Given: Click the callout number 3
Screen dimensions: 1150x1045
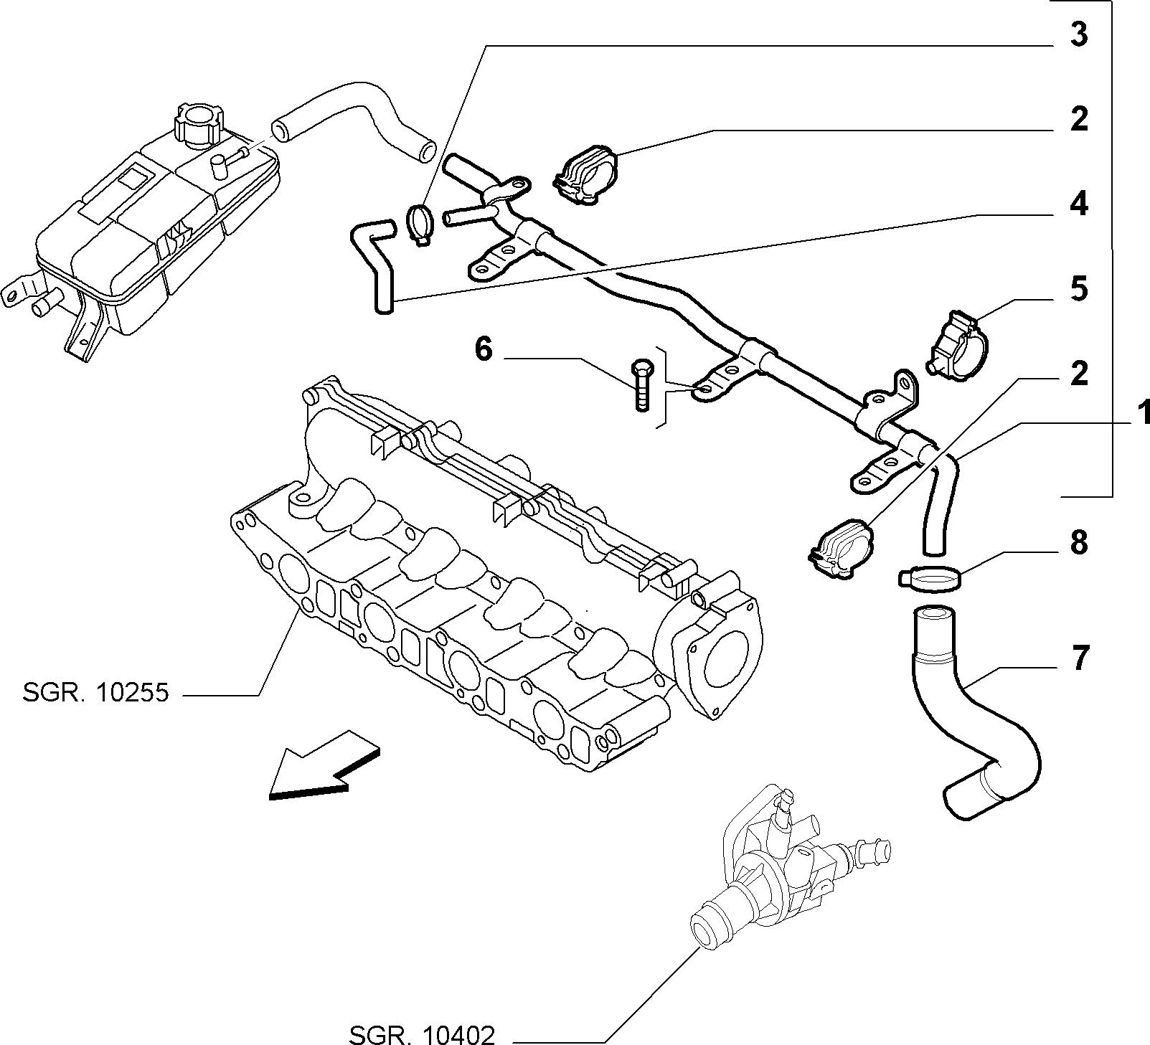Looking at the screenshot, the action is pos(1079,35).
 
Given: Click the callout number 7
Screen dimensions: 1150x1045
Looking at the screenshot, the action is pos(1079,658).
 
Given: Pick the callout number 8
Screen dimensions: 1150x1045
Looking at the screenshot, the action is pos(1079,543).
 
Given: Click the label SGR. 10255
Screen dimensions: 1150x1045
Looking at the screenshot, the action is pos(95,693).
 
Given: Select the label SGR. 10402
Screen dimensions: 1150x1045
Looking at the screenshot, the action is pos(423,1035).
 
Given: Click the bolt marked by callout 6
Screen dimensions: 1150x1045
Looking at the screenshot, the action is pos(641,385).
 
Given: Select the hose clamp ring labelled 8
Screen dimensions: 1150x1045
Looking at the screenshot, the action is pos(928,578).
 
